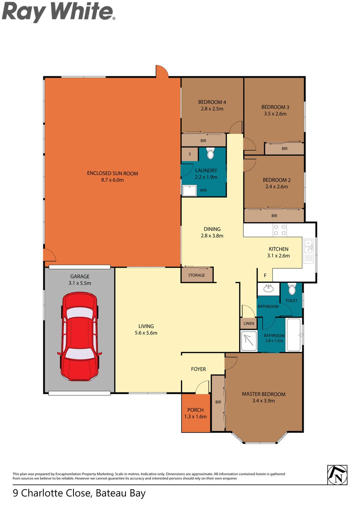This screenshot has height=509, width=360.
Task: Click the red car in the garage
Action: coord(79,337)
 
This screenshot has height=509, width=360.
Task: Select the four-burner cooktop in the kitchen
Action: coord(280,230)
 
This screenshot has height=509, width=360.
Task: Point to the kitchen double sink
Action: coord(309,247)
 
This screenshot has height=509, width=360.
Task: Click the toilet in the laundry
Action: coord(210,154)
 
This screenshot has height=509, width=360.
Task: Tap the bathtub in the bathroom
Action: coord(294,335)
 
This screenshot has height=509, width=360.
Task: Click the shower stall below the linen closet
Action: coord(249,341)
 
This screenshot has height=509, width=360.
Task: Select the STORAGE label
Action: coord(197,275)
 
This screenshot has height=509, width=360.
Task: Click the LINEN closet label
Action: coord(249,324)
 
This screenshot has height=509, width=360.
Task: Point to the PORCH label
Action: coord(195,410)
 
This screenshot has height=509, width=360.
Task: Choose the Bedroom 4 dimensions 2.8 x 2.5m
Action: coord(212,109)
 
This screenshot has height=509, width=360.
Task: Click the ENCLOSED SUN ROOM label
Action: coord(112,174)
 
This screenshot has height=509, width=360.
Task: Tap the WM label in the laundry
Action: coord(203,190)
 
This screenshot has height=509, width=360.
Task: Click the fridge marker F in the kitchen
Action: coord(265,276)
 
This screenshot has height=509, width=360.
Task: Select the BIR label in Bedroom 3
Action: coord(284,149)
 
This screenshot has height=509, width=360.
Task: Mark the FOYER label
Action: coord(198,369)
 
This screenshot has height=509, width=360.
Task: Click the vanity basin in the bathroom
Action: coord(269,289)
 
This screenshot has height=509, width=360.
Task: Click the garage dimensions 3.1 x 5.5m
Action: coord(80,283)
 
